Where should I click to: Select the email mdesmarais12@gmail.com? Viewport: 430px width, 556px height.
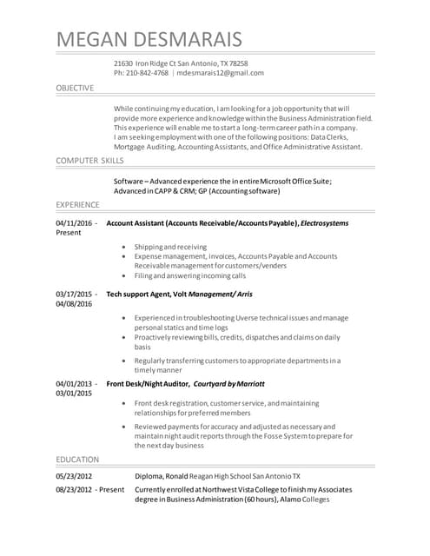click(221, 73)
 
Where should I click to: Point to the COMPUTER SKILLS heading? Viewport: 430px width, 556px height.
click(89, 162)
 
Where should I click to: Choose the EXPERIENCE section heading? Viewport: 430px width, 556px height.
click(78, 204)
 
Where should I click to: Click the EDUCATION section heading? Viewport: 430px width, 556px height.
click(77, 459)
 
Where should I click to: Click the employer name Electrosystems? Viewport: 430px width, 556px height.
click(324, 223)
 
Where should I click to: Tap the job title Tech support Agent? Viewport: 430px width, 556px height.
click(142, 295)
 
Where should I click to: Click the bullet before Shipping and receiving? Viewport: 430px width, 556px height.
click(126, 248)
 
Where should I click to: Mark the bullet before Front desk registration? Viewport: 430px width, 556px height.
click(126, 403)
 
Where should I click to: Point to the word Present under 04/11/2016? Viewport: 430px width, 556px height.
click(68, 234)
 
